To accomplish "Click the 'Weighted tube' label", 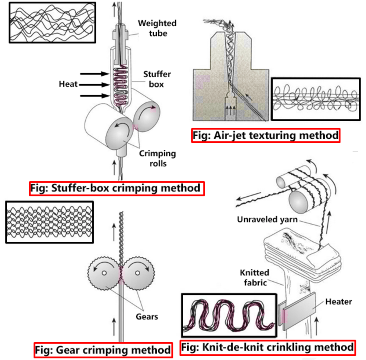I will pyautogui.click(x=157, y=28).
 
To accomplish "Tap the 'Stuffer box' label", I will pyautogui.click(x=157, y=79).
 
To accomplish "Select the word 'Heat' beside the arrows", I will pyautogui.click(x=68, y=84).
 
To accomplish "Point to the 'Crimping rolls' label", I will pyautogui.click(x=157, y=158).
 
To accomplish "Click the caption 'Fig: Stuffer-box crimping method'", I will pyautogui.click(x=117, y=188).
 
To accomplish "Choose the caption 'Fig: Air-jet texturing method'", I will pyautogui.click(x=265, y=135).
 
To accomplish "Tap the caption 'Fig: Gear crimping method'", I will pyautogui.click(x=103, y=350).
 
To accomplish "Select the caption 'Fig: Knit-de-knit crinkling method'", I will pyautogui.click(x=267, y=347).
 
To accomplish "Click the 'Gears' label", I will pyautogui.click(x=147, y=317).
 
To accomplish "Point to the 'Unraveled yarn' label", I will pyautogui.click(x=267, y=219).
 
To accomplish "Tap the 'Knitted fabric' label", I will pyautogui.click(x=254, y=277).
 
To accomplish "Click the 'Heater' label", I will pyautogui.click(x=339, y=302).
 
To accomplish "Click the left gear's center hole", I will pyautogui.click(x=104, y=273).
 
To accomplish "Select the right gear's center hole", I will pyautogui.click(x=137, y=273).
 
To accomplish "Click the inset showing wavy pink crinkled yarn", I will pyautogui.click(x=229, y=315).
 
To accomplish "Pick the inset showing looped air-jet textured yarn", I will pyautogui.click(x=316, y=99).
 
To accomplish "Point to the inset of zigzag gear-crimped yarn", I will pyautogui.click(x=49, y=222).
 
